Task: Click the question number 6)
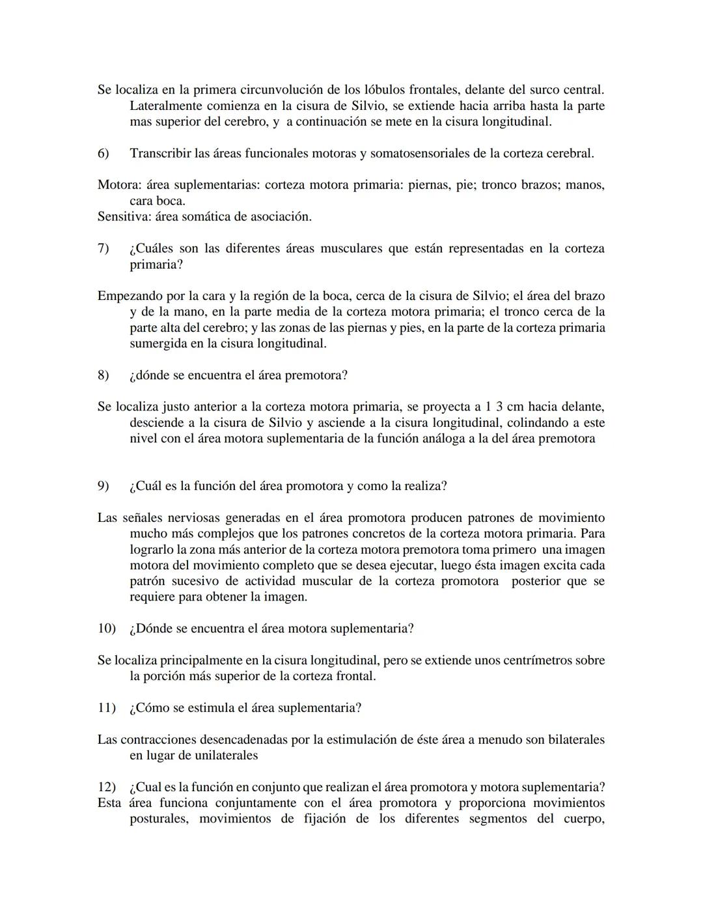(x=103, y=154)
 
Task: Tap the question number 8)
(x=103, y=375)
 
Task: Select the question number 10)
(x=106, y=629)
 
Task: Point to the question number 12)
(x=106, y=787)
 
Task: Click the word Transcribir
(x=159, y=154)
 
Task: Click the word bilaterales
(x=576, y=740)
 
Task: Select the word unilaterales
(x=221, y=755)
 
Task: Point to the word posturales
(x=159, y=819)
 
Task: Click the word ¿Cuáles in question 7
(x=151, y=249)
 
